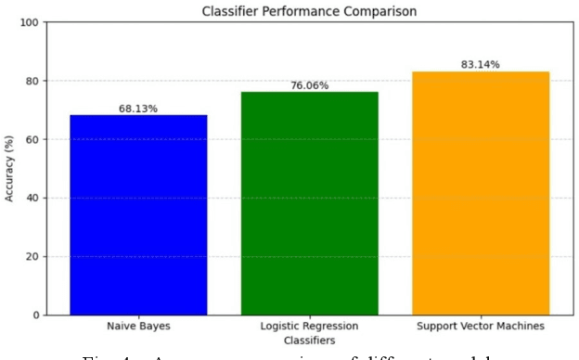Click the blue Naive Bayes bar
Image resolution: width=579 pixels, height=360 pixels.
point(138,214)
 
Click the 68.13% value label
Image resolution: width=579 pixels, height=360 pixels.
point(138,109)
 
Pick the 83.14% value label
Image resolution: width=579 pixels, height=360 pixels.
point(480,65)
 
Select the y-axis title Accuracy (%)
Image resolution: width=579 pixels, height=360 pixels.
point(11,169)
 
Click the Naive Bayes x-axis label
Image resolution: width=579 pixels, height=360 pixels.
point(138,327)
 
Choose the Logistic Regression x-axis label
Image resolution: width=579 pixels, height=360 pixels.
point(309,327)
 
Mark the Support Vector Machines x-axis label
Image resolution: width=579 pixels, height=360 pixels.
point(481,327)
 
